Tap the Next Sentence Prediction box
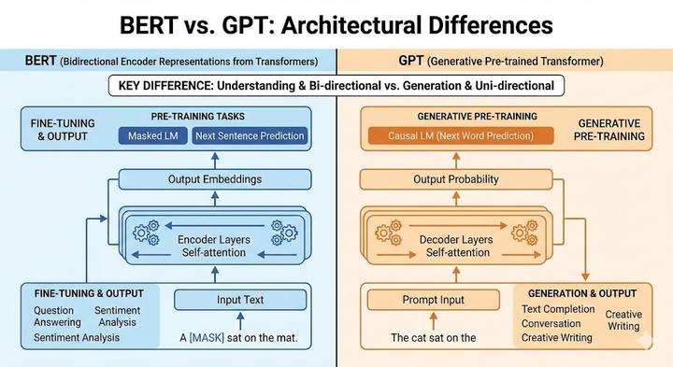(x=250, y=136)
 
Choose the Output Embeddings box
(x=213, y=179)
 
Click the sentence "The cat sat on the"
(x=420, y=337)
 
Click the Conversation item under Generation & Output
(x=551, y=324)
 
